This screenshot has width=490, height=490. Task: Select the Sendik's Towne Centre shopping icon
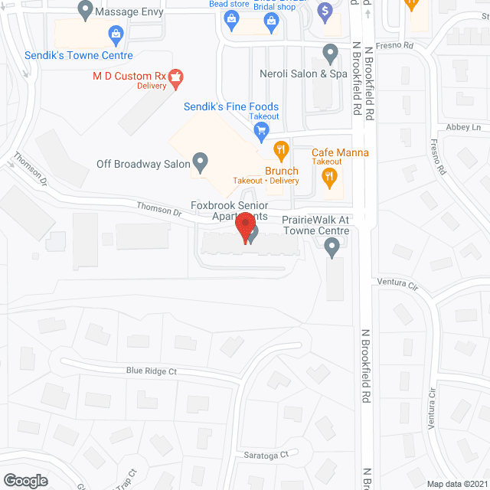[x=116, y=33]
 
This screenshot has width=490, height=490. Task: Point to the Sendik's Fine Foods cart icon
[x=261, y=130]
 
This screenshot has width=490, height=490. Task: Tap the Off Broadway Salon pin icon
[x=201, y=162]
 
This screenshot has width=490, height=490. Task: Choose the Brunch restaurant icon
[x=282, y=150]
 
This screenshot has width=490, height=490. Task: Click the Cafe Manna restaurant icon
[x=331, y=177]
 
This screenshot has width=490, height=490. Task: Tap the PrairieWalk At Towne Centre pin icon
[x=332, y=247]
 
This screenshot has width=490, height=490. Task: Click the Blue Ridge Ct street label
[x=152, y=371]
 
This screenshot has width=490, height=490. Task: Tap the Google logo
[x=25, y=480]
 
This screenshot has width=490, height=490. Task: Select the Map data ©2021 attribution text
[x=456, y=484]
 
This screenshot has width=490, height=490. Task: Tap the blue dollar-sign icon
[x=325, y=11]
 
